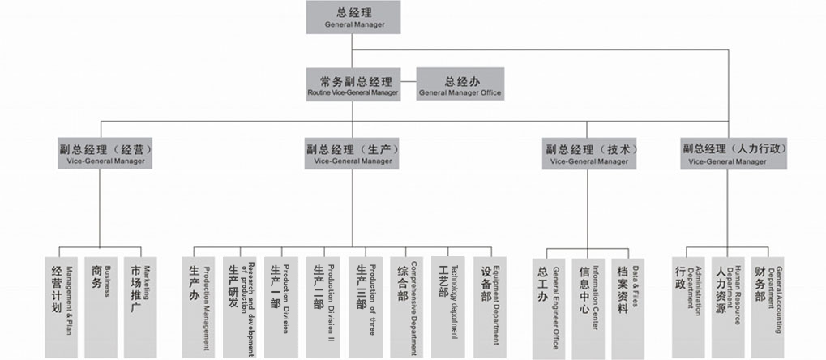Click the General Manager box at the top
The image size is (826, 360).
[353, 17]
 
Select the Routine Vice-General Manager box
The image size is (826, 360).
[353, 84]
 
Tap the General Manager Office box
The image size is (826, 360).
[460, 84]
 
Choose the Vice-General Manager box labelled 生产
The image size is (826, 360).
[352, 153]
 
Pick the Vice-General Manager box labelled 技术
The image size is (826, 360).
[588, 153]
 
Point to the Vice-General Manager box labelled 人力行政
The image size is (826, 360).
[727, 153]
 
